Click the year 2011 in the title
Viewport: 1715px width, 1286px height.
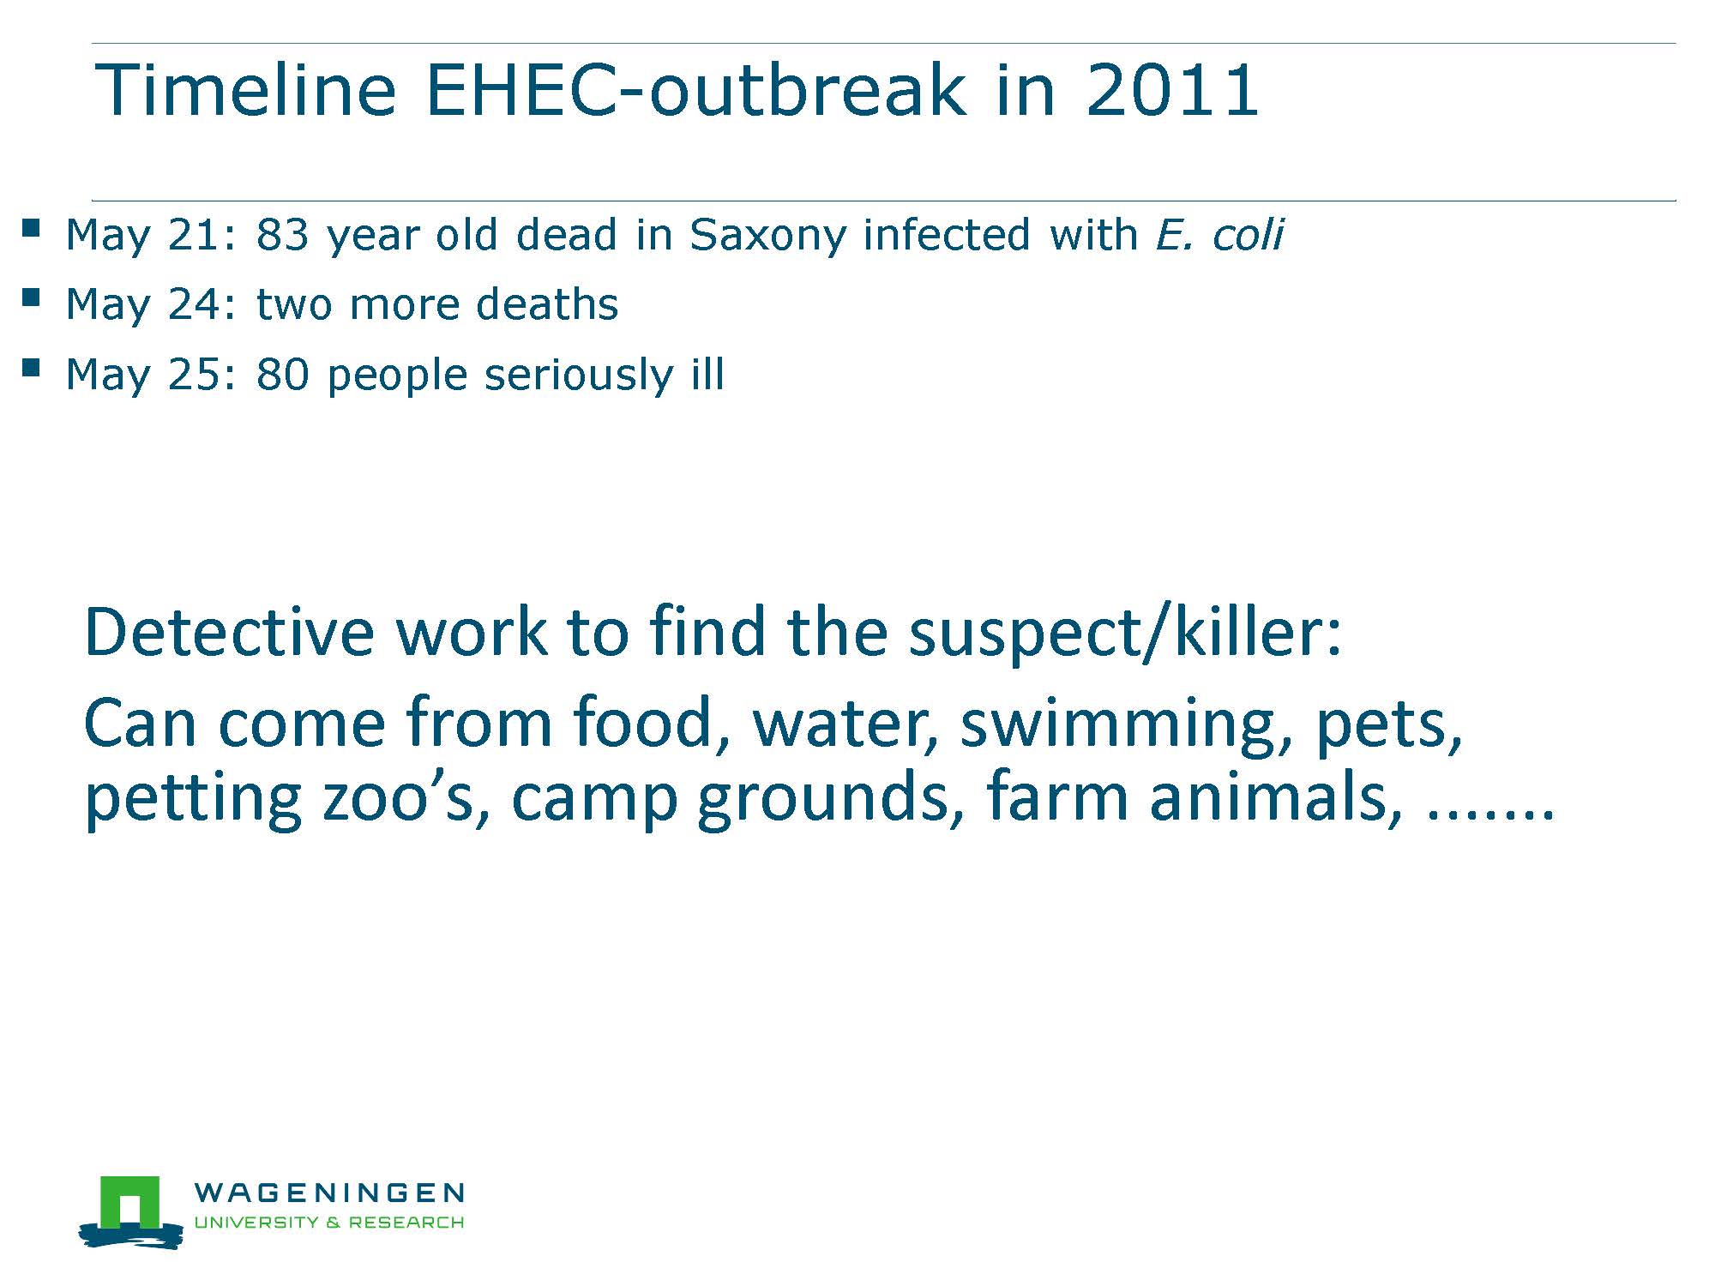click(x=1172, y=89)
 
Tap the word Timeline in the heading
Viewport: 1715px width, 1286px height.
click(x=246, y=89)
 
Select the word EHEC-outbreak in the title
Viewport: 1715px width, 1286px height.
click(x=695, y=89)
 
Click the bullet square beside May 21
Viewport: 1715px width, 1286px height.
click(x=31, y=228)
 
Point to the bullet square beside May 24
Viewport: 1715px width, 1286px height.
click(x=31, y=297)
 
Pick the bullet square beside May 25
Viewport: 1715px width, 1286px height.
click(x=31, y=368)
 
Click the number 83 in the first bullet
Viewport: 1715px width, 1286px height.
click(x=282, y=234)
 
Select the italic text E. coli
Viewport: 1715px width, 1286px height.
click(x=1219, y=234)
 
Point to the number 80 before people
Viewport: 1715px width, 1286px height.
click(x=282, y=375)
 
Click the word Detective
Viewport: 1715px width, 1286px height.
click(x=229, y=632)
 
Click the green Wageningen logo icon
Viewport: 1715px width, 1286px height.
click(x=130, y=1211)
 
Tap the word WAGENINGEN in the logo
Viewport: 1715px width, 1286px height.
click(x=329, y=1193)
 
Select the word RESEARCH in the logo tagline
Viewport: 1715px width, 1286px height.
click(x=406, y=1223)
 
